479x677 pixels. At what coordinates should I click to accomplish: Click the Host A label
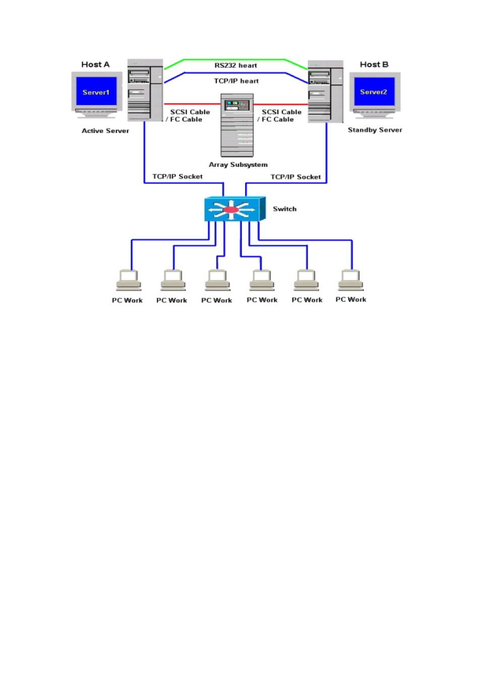click(x=95, y=64)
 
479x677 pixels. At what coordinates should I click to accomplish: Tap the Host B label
click(x=374, y=64)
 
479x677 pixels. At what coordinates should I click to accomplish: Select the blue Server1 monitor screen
click(x=96, y=91)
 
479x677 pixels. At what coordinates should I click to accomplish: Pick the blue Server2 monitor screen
click(x=374, y=91)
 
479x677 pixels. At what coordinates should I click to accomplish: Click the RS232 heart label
click(x=235, y=65)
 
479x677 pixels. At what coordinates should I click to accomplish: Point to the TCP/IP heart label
click(x=236, y=81)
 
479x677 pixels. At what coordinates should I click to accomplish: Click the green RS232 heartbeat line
click(x=236, y=60)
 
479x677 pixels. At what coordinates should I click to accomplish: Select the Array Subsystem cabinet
click(x=237, y=125)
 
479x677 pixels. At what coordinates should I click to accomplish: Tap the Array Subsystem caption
click(x=238, y=165)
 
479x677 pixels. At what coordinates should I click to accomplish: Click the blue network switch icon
click(x=235, y=209)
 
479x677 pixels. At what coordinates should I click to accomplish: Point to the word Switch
click(x=285, y=209)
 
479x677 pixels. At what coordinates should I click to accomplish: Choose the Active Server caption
click(x=105, y=131)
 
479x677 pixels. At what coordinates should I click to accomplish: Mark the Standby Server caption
click(x=375, y=130)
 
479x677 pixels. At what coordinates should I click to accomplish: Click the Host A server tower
click(x=145, y=90)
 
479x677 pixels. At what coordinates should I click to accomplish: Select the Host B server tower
click(x=326, y=92)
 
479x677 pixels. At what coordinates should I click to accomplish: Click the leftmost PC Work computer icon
click(x=129, y=280)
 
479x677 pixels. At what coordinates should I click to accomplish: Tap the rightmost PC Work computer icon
click(x=351, y=280)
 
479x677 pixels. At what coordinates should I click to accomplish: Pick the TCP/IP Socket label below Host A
click(x=177, y=176)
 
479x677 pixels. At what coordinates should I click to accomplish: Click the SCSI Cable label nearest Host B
click(x=282, y=112)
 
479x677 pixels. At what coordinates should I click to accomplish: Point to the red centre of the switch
click(x=230, y=210)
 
